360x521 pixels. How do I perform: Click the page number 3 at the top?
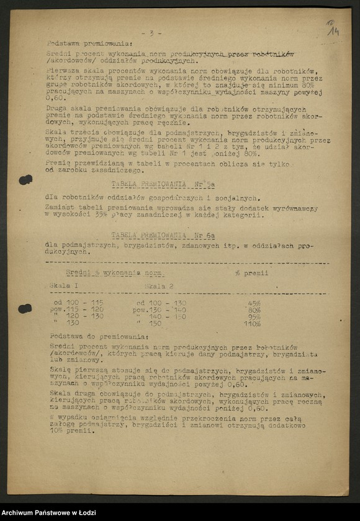(151, 33)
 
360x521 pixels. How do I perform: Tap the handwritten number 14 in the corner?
(333, 28)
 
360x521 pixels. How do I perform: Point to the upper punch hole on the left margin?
(25, 180)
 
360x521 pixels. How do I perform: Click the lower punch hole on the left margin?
(25, 308)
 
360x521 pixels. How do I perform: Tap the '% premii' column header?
(251, 273)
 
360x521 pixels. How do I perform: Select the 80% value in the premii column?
(254, 309)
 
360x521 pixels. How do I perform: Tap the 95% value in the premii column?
(254, 316)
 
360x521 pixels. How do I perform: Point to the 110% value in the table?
(252, 323)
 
